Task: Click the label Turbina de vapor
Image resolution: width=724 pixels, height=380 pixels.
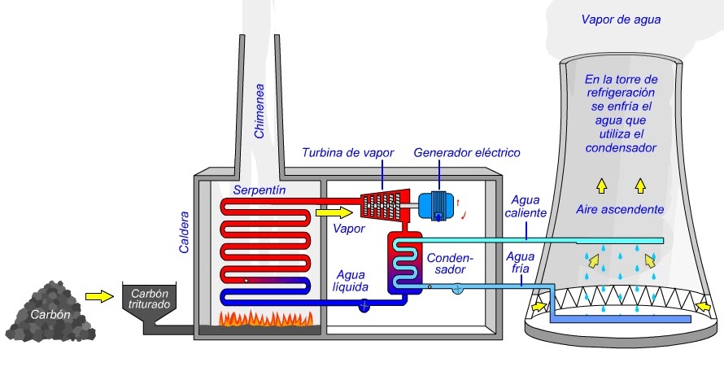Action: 349,152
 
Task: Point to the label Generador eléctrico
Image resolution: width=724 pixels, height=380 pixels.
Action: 466,152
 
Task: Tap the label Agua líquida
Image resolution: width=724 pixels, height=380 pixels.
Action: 351,281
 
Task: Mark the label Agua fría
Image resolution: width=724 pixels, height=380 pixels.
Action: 520,263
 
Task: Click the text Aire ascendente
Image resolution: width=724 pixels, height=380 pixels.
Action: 620,209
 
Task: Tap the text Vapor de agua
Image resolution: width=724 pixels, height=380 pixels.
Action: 620,19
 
